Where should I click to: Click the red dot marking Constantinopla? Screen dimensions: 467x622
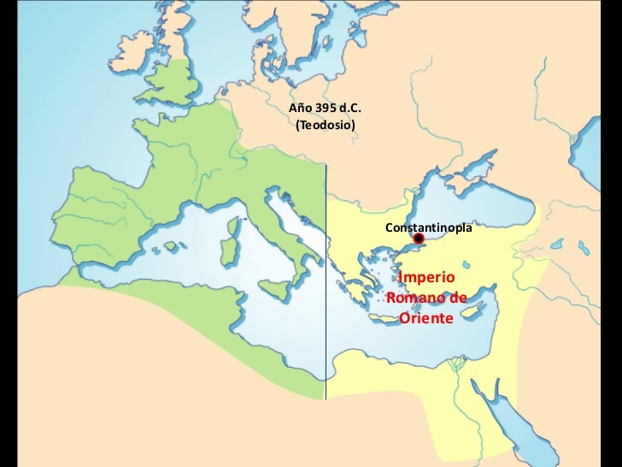point(419,239)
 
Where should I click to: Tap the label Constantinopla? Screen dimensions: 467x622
point(428,228)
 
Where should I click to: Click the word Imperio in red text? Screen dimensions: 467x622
point(427,278)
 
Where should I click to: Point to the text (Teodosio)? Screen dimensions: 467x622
point(325,126)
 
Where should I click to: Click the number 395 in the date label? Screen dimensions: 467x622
point(327,109)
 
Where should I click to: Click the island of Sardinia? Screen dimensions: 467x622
point(229,251)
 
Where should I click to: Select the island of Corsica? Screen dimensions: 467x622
point(232,226)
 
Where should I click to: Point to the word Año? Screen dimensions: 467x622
point(300,109)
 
